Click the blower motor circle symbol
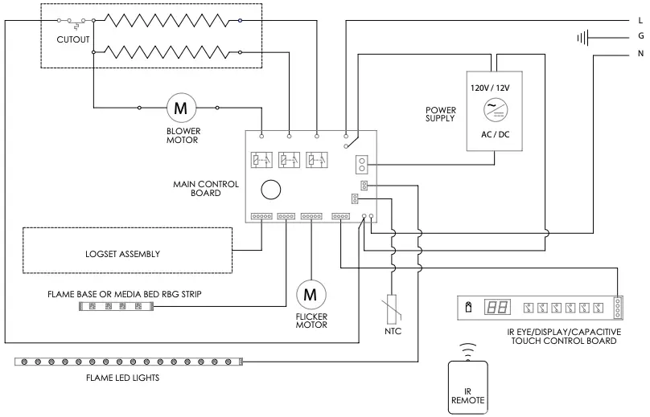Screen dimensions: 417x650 (x=180, y=107)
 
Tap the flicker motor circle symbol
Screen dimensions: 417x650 (x=310, y=294)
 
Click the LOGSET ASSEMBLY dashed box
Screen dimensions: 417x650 (x=127, y=254)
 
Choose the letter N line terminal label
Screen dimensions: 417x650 (x=640, y=55)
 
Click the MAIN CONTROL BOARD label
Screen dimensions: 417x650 (x=206, y=188)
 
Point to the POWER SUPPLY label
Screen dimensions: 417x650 (x=441, y=114)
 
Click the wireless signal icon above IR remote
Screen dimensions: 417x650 (x=467, y=350)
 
